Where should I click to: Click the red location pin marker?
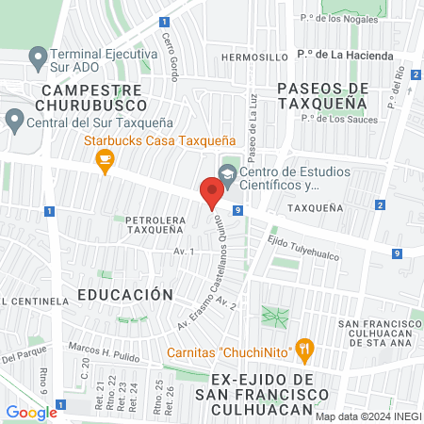pos(212,194)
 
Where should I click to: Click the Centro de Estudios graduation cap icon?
pos(227,175)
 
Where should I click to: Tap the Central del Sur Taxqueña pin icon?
pos(14,120)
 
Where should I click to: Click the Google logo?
pos(30,412)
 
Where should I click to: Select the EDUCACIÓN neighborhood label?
pos(125,294)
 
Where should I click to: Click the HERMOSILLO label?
pos(253,57)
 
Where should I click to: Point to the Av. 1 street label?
pos(184,252)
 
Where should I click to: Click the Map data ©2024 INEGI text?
pos(367,416)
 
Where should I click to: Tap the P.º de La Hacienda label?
pos(344,56)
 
